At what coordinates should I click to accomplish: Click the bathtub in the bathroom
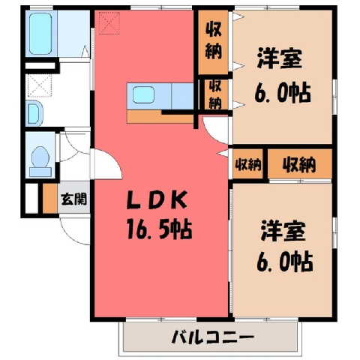[40, 34]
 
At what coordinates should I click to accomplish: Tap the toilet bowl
[40, 157]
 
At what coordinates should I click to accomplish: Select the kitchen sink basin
[143, 94]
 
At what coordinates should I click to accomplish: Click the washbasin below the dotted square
[34, 113]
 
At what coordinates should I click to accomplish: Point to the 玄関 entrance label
[74, 199]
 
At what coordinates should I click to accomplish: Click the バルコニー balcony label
[213, 337]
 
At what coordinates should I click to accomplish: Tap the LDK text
[157, 200]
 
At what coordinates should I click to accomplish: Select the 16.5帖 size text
[160, 229]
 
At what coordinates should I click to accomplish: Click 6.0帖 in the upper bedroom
[283, 93]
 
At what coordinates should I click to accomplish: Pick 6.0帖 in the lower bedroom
[285, 262]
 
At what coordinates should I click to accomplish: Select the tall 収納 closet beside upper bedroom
[214, 42]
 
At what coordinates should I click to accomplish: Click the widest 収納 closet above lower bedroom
[300, 164]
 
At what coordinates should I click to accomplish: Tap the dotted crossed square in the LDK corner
[109, 23]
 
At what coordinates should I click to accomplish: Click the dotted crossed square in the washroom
[40, 85]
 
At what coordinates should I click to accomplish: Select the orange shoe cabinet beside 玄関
[50, 199]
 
